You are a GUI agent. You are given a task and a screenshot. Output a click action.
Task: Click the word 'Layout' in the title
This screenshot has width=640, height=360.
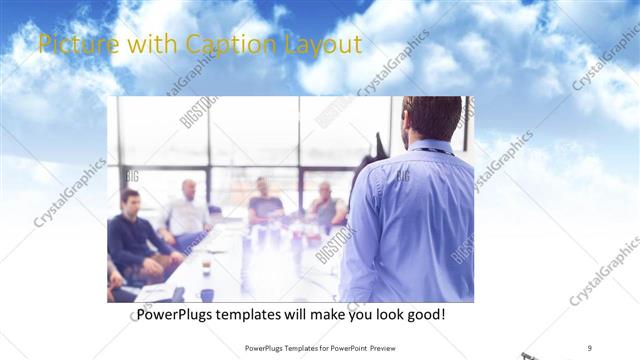tap(325, 45)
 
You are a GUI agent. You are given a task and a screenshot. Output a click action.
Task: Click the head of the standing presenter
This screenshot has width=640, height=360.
tap(432, 119)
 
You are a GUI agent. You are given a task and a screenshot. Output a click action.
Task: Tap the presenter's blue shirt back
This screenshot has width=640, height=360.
tap(410, 220)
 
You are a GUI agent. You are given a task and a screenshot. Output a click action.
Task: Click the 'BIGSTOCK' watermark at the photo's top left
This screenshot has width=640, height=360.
tap(198, 113)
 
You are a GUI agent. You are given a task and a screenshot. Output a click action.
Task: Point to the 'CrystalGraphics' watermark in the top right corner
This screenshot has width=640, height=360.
tap(605, 60)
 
